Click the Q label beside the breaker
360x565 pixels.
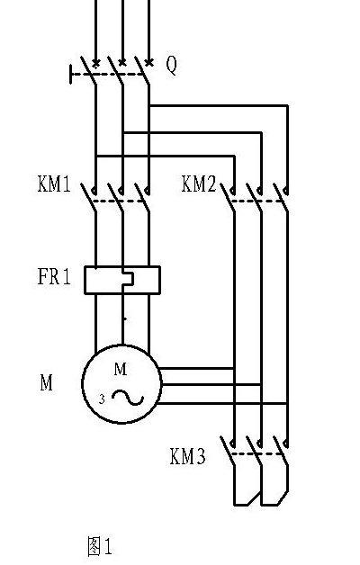point(172,66)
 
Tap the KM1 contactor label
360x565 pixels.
point(54,184)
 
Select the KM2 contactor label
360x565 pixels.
point(199,184)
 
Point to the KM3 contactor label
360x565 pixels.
point(188,456)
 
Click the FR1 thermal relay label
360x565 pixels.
point(54,277)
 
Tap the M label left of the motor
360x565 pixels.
point(46,382)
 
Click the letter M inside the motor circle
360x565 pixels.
point(121,369)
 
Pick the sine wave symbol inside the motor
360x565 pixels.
point(128,398)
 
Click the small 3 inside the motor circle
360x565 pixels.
point(103,399)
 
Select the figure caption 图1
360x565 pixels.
point(100,546)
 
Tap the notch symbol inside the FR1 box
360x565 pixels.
point(128,279)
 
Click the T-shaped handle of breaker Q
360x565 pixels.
point(70,75)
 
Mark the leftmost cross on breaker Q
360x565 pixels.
point(96,64)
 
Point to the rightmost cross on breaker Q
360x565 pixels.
point(148,63)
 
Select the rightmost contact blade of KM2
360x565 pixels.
point(281,197)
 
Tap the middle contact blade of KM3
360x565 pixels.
point(254,451)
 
